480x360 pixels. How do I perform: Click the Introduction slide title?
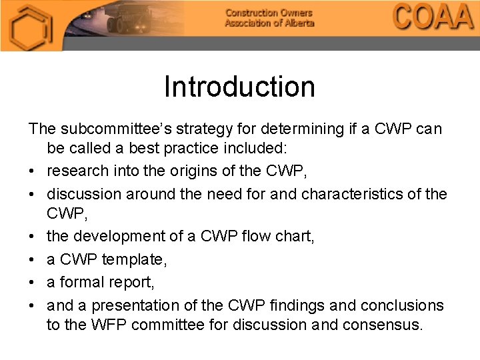tap(239, 87)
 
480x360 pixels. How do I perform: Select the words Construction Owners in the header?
tap(268, 13)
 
